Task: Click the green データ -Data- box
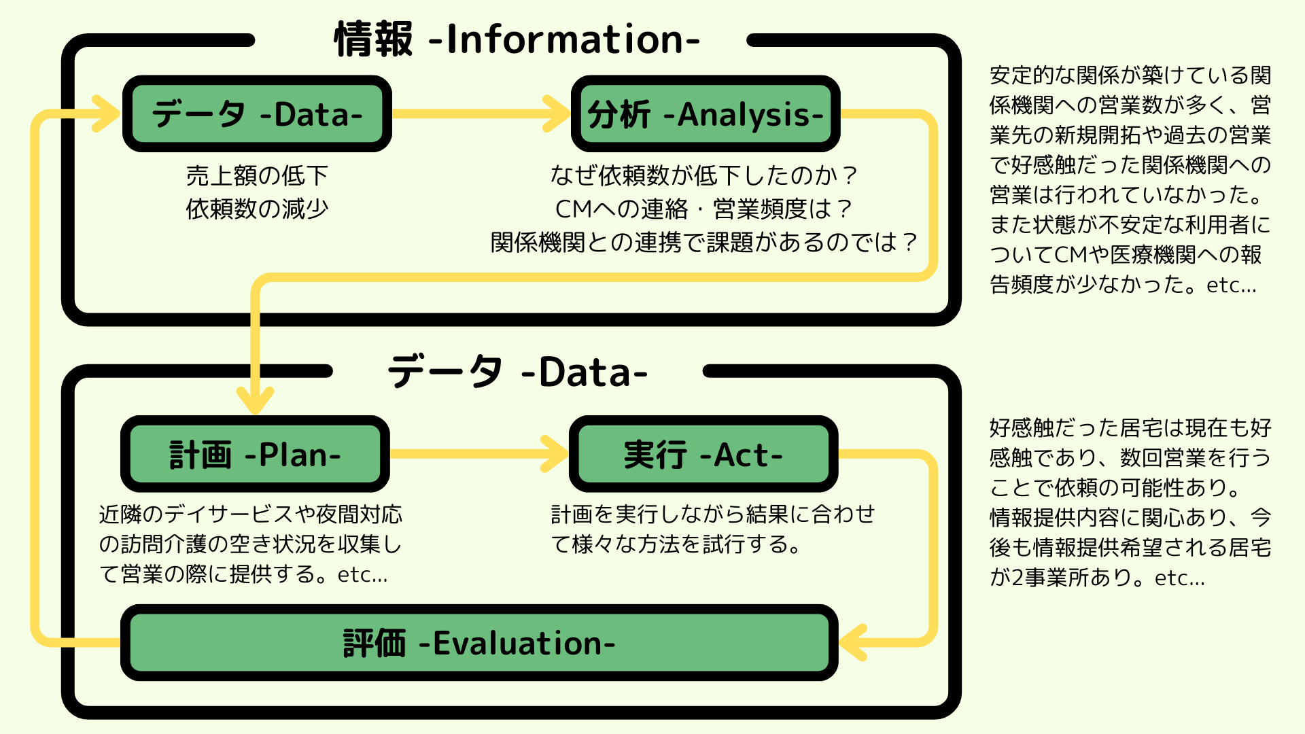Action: tap(257, 113)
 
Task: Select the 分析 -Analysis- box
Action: tap(706, 113)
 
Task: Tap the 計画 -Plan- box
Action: tap(255, 454)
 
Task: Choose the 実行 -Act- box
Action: tap(703, 454)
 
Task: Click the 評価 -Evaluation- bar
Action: tap(479, 642)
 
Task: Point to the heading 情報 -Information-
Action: tap(517, 39)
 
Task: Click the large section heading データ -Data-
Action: tap(517, 372)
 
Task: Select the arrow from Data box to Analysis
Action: tap(476, 113)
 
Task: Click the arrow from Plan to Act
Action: tap(476, 454)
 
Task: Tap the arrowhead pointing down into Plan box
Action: tap(255, 401)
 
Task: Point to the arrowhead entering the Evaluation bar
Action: tap(853, 642)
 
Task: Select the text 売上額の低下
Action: tap(257, 176)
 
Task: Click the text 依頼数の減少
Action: tap(257, 209)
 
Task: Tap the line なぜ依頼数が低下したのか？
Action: tap(703, 176)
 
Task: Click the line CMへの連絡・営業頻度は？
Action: tap(703, 209)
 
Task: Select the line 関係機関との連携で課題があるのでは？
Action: tap(703, 242)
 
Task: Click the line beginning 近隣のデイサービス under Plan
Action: tap(250, 514)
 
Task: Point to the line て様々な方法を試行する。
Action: tap(676, 544)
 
